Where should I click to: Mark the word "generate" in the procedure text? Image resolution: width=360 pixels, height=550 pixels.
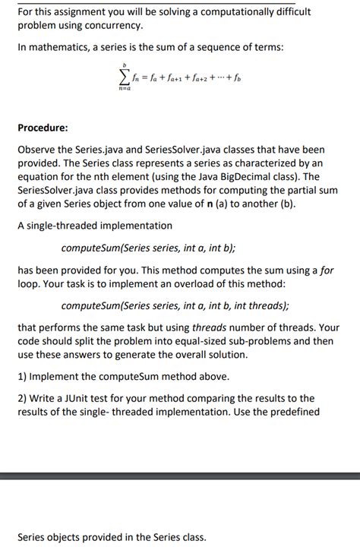(134, 356)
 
